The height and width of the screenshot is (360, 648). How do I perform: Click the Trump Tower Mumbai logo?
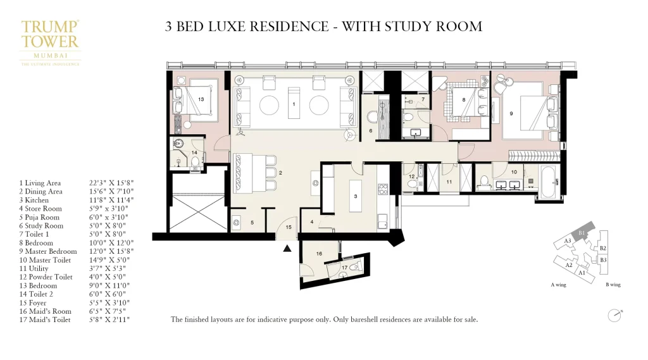pyautogui.click(x=51, y=42)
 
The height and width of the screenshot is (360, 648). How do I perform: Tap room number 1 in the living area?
pyautogui.click(x=293, y=103)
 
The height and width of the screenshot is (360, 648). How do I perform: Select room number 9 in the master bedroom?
pyautogui.click(x=511, y=114)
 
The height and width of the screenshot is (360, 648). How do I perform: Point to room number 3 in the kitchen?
pyautogui.click(x=355, y=197)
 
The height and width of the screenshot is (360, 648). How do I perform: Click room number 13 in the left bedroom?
pyautogui.click(x=200, y=99)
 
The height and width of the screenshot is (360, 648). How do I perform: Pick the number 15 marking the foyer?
pyautogui.click(x=289, y=227)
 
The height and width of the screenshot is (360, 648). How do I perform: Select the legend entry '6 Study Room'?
pyautogui.click(x=41, y=226)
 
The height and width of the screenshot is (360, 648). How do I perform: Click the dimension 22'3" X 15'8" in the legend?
pyautogui.click(x=111, y=183)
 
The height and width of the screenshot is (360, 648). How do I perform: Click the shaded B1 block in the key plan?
pyautogui.click(x=581, y=232)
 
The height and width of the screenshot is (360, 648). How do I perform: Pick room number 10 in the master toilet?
pyautogui.click(x=514, y=171)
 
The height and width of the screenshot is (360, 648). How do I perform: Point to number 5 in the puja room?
pyautogui.click(x=252, y=223)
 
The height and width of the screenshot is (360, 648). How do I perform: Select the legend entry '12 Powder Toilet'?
pyautogui.click(x=46, y=277)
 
